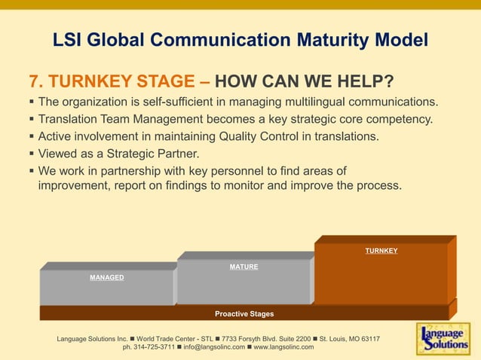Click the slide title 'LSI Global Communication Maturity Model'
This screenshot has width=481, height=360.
pos(240,39)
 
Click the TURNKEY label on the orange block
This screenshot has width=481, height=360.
pos(381,251)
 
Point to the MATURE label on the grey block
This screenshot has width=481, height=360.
pos(244,267)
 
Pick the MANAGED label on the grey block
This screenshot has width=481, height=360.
pos(107,278)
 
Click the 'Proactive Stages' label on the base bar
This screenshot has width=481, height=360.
pos(244,313)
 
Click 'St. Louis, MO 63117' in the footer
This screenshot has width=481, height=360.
pos(349,339)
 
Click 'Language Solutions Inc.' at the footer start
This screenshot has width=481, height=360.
pos(92,339)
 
